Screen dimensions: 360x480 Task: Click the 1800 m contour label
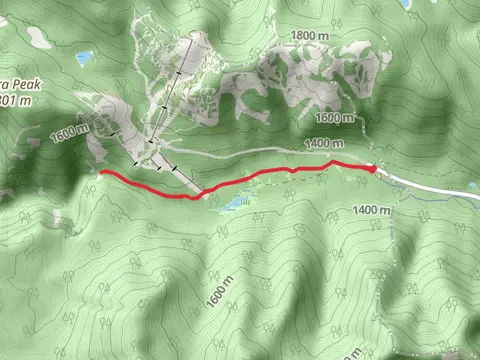pos(309,36)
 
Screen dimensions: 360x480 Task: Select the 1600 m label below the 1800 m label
pos(336,118)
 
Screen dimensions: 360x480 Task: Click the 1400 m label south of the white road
pos(370,210)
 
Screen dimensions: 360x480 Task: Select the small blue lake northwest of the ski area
pos(84,58)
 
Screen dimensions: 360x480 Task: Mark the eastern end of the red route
pos(374,168)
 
